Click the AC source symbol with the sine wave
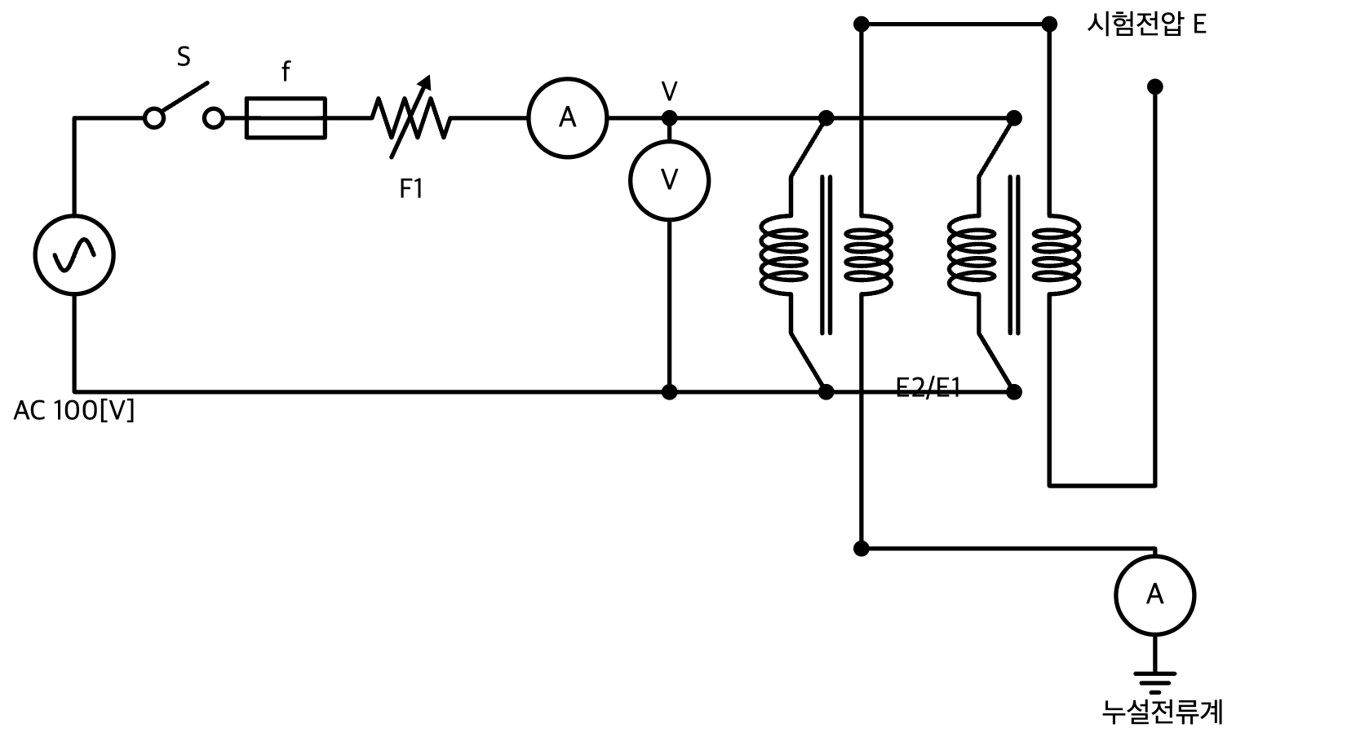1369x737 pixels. click(74, 255)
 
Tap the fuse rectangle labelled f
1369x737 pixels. click(286, 118)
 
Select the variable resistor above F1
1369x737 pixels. click(410, 117)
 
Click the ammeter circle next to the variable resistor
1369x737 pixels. click(568, 118)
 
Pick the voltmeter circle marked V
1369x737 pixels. click(669, 181)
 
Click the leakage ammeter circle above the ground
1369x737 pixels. click(1154, 594)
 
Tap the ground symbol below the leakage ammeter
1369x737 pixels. click(1154, 682)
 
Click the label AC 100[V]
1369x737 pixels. click(74, 410)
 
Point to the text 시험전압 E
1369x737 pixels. click(1146, 24)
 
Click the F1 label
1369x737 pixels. click(410, 188)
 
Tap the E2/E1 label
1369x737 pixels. click(928, 387)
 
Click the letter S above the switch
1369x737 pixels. click(184, 57)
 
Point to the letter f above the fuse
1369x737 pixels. click(286, 72)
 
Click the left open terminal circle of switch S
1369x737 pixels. click(154, 118)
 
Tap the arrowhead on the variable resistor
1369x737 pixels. click(425, 82)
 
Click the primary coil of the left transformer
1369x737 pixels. click(784, 255)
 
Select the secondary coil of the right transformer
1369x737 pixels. click(1056, 255)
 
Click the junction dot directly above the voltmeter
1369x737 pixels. click(669, 118)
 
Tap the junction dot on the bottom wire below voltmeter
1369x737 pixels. click(669, 392)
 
